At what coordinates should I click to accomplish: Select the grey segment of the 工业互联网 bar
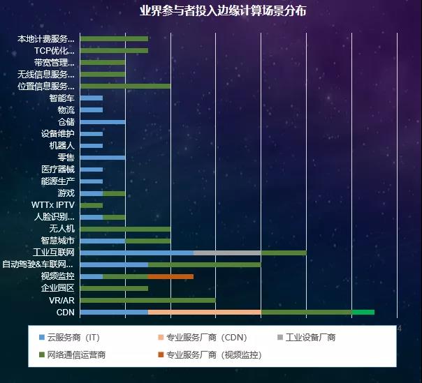(227, 253)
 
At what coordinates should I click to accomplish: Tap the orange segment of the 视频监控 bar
(170, 276)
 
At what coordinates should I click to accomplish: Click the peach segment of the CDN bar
(204, 312)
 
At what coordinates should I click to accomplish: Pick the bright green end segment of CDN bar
(363, 312)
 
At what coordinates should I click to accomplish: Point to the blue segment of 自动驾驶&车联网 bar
(114, 264)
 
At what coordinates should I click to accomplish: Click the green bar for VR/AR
(147, 300)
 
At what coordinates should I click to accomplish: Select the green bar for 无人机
(125, 229)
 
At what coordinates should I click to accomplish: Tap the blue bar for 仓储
(103, 122)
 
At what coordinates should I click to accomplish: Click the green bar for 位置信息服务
(125, 87)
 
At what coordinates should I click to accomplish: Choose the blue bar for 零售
(103, 158)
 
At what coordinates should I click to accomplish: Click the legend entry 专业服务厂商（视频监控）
(210, 354)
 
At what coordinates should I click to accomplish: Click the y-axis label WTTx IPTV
(53, 205)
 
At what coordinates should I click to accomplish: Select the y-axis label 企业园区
(58, 288)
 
